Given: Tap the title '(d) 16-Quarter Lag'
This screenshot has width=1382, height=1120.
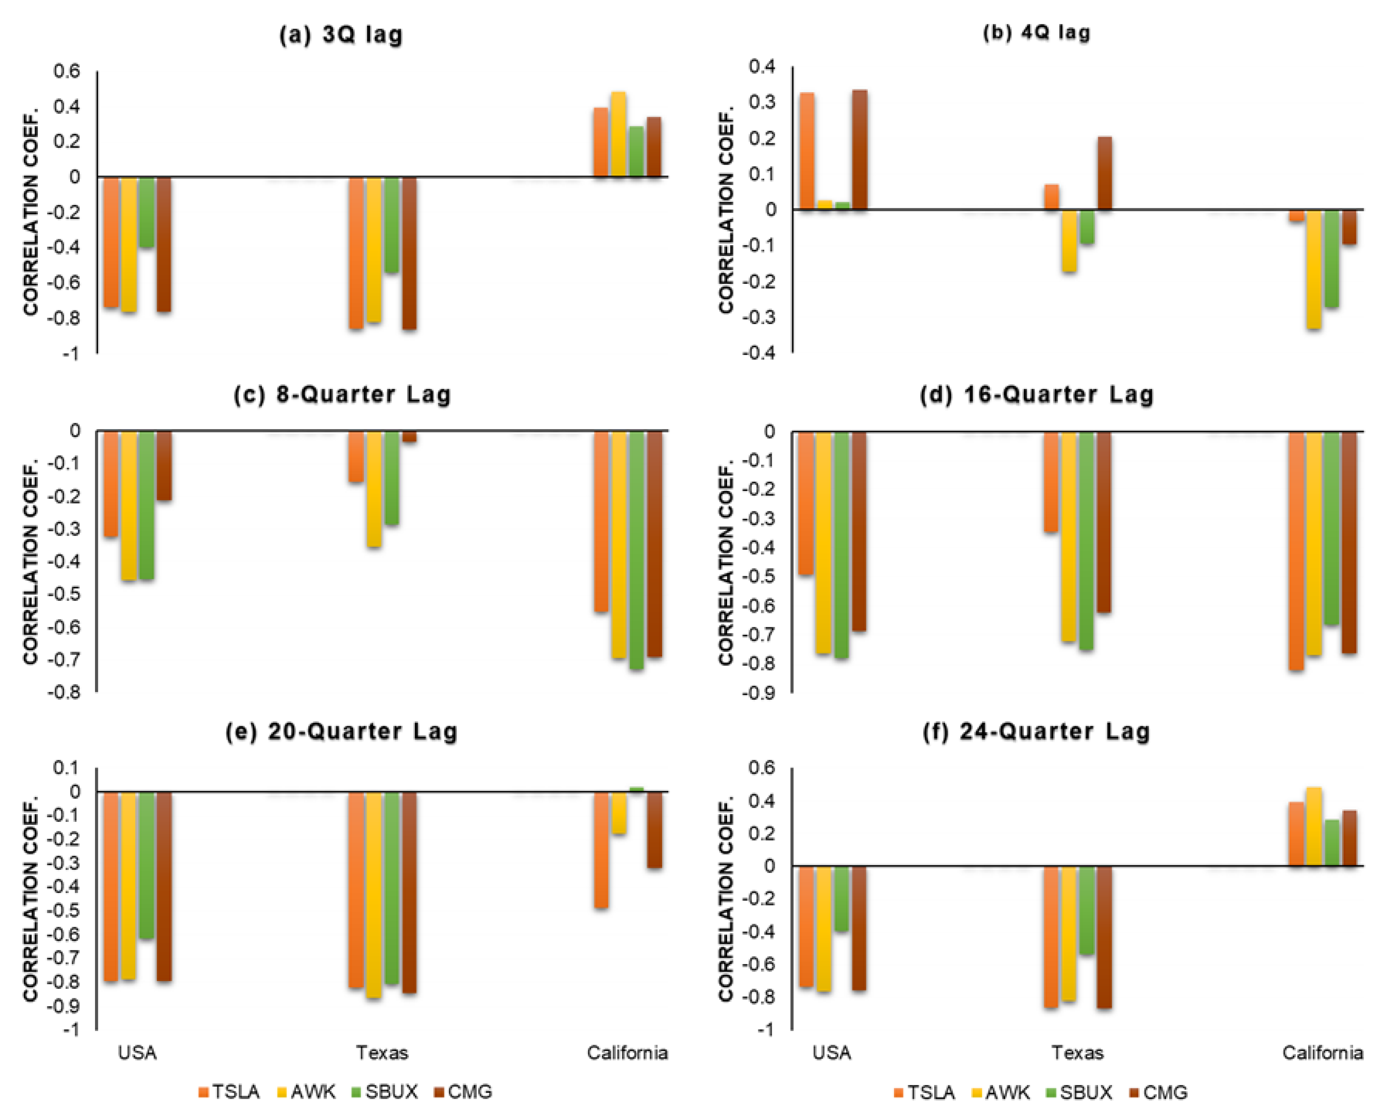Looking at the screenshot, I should coord(1036,394).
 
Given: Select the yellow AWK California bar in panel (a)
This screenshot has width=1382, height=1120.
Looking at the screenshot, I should coord(618,134).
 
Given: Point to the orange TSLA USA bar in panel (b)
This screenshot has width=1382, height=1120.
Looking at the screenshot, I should coord(806,151).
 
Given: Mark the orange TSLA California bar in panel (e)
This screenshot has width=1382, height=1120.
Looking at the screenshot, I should coord(600,849).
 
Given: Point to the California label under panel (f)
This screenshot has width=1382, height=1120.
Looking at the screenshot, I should coord(1322,1053).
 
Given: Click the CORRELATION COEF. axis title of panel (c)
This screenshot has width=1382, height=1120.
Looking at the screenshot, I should coord(30,561).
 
